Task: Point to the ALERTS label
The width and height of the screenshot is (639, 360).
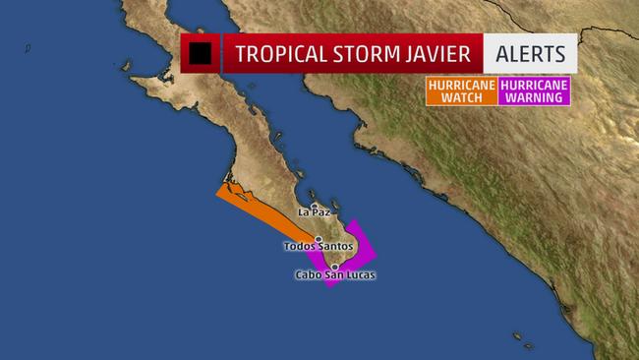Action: point(530,53)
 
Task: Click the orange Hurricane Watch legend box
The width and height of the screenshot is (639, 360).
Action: point(461,91)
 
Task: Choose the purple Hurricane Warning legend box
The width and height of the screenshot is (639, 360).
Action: point(535,91)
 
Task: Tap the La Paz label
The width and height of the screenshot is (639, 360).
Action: point(314,212)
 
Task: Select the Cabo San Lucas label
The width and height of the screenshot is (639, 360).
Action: point(335,274)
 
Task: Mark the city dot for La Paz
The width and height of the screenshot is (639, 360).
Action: point(314,206)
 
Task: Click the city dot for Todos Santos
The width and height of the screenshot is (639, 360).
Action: point(319,238)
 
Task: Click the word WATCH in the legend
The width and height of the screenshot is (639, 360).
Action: point(461,98)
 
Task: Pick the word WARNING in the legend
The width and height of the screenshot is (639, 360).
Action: point(535,98)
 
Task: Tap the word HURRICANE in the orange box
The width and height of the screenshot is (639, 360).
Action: point(461,85)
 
